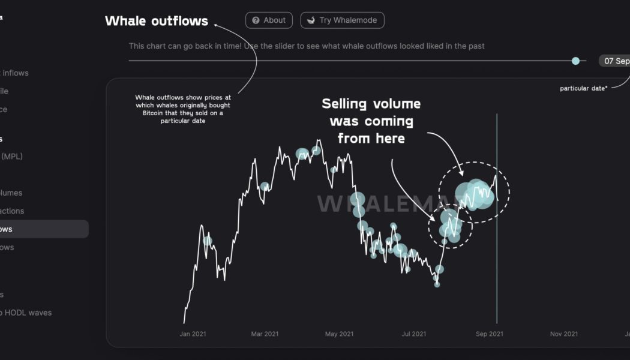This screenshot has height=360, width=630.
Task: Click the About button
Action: pos(269,20)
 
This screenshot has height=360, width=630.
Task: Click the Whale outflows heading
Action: pos(157,21)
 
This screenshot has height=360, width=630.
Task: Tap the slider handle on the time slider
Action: pos(576,61)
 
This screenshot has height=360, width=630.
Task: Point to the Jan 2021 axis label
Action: pos(193,334)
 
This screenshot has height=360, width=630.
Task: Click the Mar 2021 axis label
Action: pos(265,334)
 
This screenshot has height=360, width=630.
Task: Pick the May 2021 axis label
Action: pos(339,334)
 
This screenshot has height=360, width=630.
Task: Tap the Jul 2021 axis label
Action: pos(414,334)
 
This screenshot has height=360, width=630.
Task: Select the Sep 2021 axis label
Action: pos(490,334)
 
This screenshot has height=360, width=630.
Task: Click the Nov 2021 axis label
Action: pos(564,334)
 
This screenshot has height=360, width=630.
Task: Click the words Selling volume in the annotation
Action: pos(371,104)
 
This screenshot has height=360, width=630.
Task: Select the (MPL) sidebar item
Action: pos(11,157)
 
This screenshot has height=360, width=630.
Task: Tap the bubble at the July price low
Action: pos(437,284)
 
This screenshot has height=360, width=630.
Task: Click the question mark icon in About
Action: pos(256,20)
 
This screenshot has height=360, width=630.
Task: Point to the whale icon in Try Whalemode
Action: pos(311,20)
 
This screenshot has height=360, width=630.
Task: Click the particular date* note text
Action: pos(583,88)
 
